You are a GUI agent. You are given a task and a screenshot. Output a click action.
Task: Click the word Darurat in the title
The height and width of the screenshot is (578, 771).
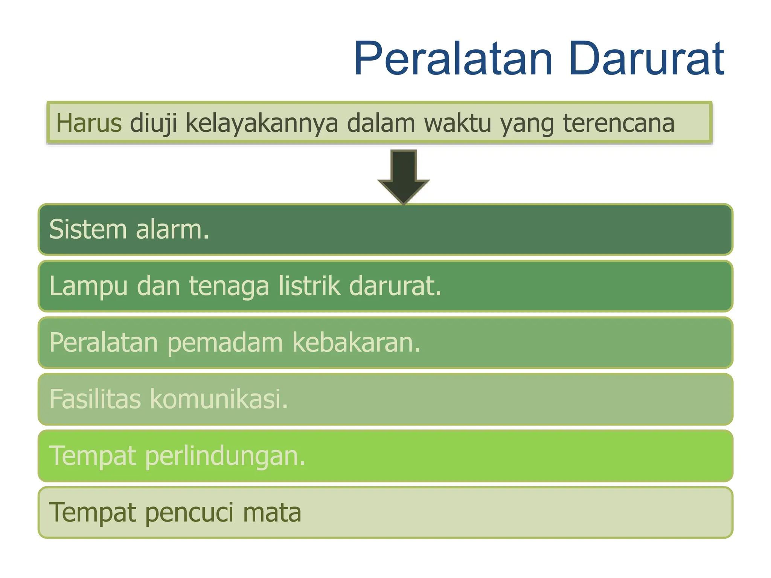646,59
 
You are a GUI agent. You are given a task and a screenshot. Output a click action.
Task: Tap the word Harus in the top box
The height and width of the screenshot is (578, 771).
89,123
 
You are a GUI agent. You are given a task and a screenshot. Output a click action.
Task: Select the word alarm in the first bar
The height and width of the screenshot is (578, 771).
172,229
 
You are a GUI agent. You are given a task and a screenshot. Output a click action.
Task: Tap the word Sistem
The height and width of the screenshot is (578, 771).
88,229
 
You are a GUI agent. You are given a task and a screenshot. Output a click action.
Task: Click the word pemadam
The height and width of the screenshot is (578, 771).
225,343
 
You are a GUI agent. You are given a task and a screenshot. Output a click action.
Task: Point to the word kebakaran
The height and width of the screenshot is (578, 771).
356,343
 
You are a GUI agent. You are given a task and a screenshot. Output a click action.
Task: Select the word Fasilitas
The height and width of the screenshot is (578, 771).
95,399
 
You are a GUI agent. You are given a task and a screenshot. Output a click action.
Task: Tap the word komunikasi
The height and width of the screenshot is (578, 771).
219,399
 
